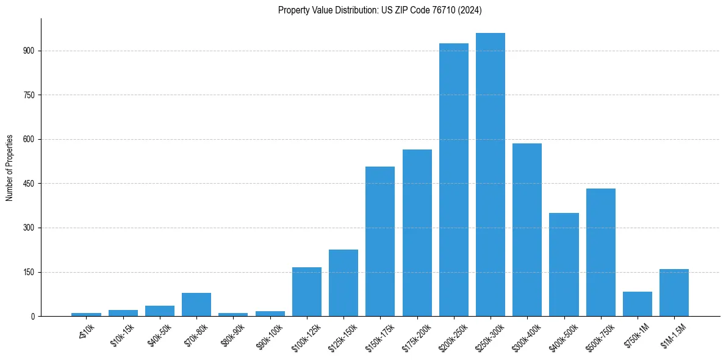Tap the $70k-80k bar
pyautogui.click(x=196, y=304)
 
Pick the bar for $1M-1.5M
pyautogui.click(x=674, y=293)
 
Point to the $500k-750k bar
pyautogui.click(x=601, y=253)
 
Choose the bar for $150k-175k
pyautogui.click(x=380, y=242)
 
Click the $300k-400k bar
pyautogui.click(x=527, y=230)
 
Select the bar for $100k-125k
pyautogui.click(x=307, y=292)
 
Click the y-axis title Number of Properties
pyautogui.click(x=10, y=168)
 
